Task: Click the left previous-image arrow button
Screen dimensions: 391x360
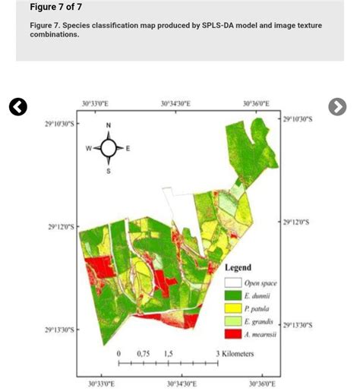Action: [18, 107]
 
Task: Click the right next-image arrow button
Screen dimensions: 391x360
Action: [337, 107]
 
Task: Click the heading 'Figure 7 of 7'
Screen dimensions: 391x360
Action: [55, 8]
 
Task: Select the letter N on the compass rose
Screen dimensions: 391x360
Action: [108, 125]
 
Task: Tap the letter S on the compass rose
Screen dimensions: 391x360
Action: [108, 171]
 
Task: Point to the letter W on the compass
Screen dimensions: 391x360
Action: [89, 148]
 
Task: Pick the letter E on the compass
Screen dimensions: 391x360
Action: [127, 148]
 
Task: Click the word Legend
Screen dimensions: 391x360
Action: [238, 267]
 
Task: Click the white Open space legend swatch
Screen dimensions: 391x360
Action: [232, 283]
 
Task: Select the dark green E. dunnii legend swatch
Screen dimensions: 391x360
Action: [232, 296]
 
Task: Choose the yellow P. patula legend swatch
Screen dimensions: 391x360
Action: [232, 309]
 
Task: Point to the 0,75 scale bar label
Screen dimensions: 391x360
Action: [143, 354]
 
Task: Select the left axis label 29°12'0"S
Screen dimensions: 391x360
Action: [60, 226]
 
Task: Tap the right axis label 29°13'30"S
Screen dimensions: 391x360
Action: [297, 325]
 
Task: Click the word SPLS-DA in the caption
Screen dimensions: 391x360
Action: [221, 25]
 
